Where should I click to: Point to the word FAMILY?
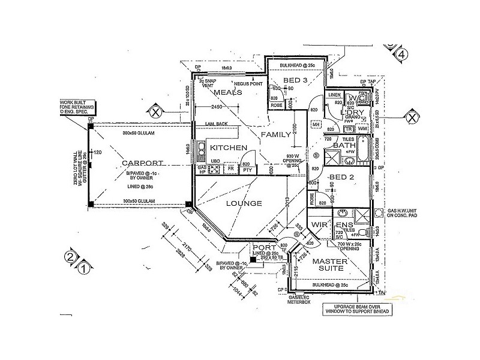[x=277, y=136]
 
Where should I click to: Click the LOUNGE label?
[x=244, y=203]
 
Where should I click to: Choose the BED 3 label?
[x=295, y=80]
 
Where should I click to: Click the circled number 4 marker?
[x=401, y=55]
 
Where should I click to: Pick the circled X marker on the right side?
[x=412, y=117]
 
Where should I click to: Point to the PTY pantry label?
[x=247, y=170]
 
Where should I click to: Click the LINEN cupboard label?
[x=335, y=95]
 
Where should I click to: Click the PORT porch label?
[x=265, y=247]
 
